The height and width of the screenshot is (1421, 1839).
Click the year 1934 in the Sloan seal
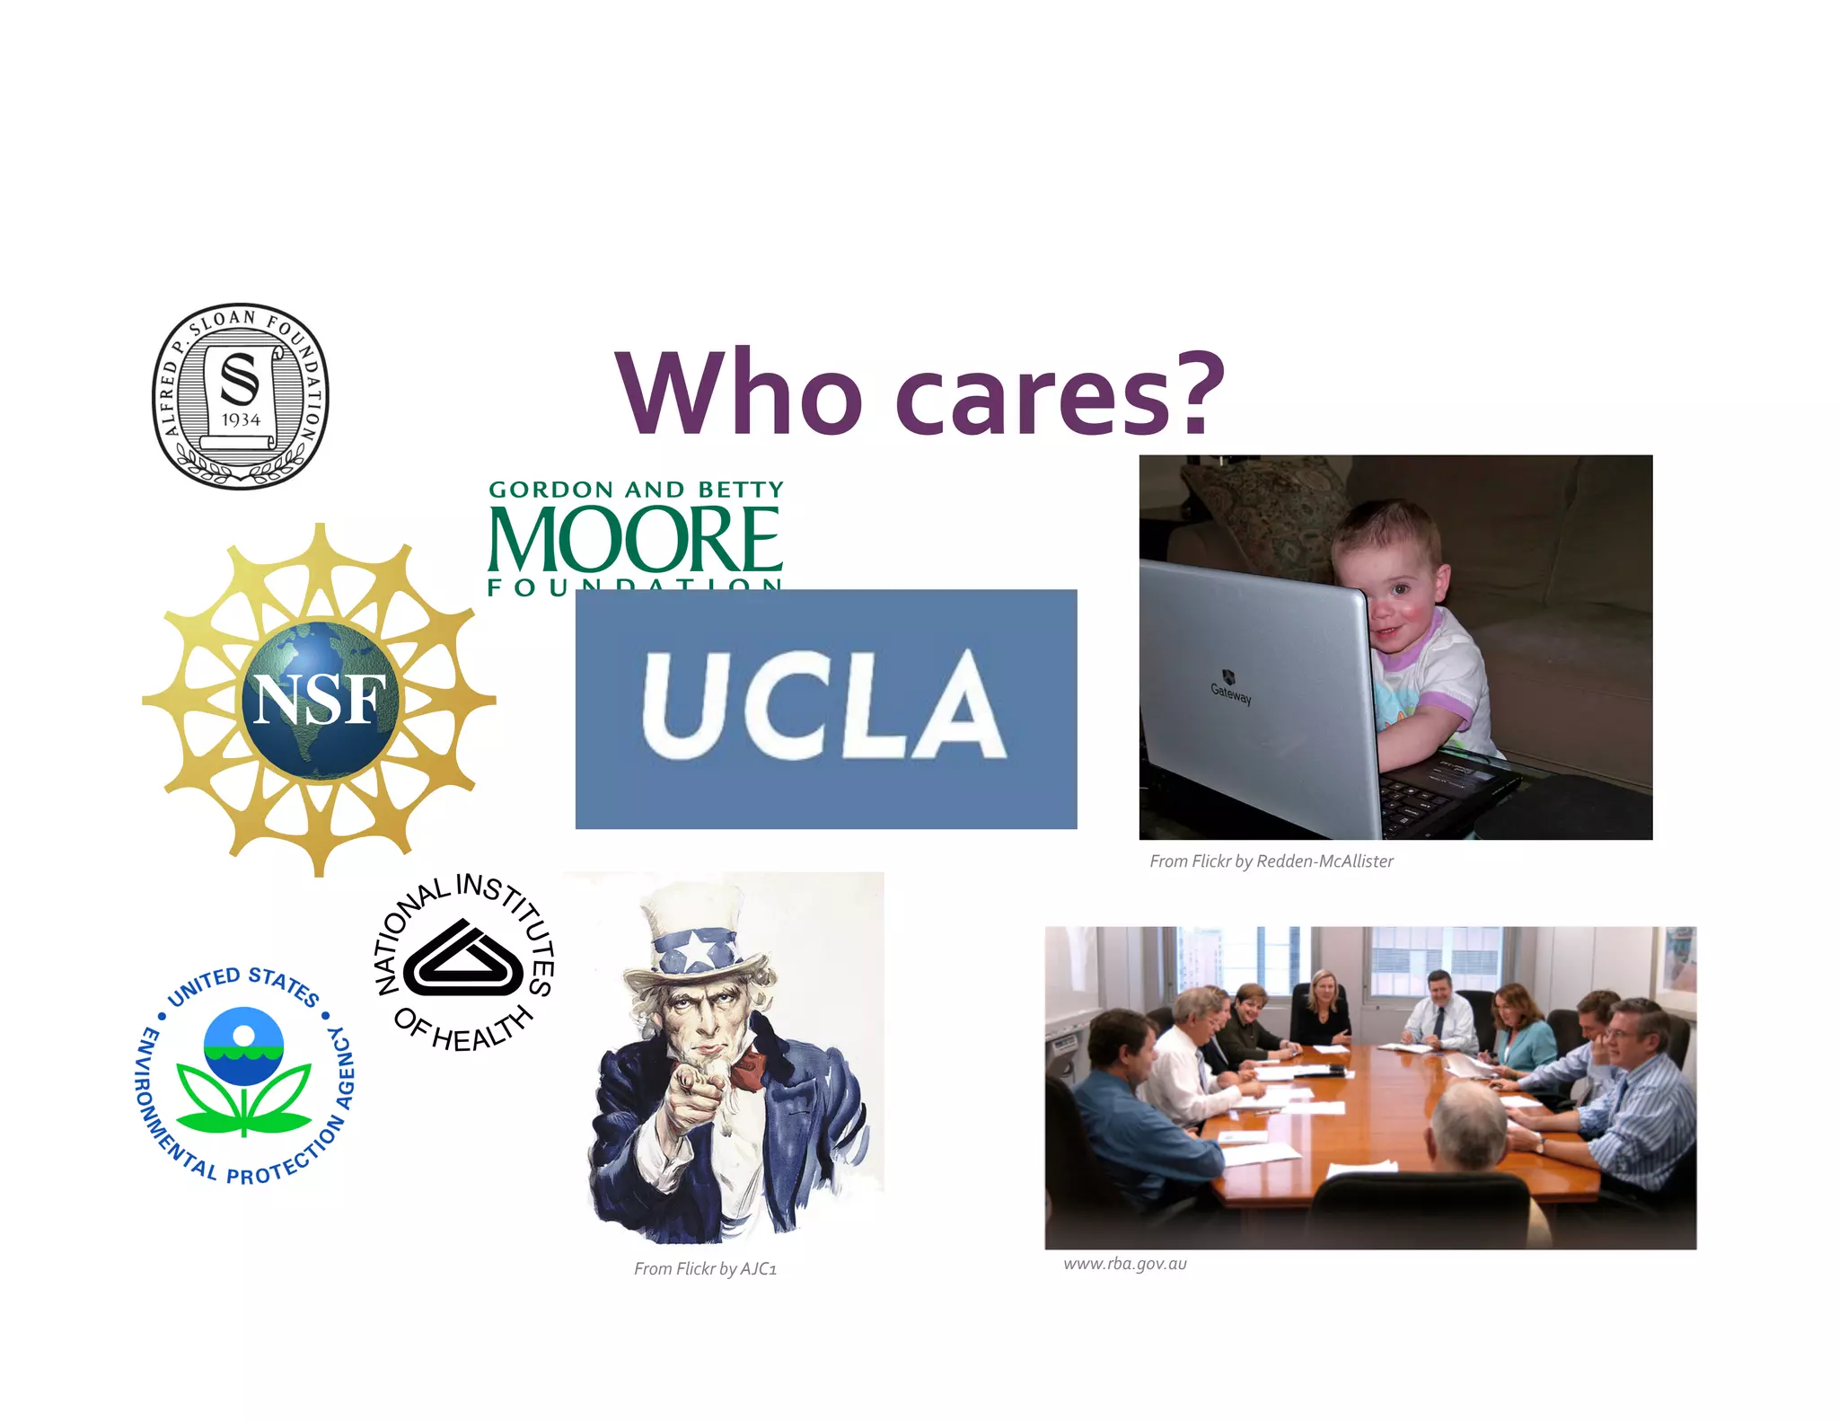241,420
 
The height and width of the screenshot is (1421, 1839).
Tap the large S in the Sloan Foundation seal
240,379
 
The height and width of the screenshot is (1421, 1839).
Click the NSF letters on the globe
320,700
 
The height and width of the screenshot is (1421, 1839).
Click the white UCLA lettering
823,706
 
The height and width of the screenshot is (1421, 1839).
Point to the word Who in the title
738,395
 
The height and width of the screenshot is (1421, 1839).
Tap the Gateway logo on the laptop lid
1230,688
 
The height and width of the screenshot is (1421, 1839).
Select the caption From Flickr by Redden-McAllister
1271,861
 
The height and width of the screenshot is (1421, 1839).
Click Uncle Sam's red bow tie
747,1069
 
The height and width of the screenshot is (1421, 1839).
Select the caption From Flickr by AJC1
705,1269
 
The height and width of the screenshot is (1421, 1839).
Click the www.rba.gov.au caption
1124,1264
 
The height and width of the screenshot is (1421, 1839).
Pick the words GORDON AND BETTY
636,490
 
